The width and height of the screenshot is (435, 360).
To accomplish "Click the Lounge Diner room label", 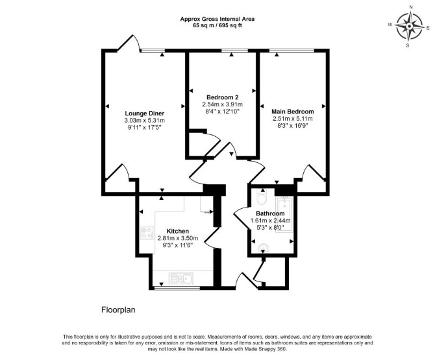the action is (x=145, y=114).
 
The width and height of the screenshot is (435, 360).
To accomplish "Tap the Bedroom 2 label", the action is (x=223, y=97).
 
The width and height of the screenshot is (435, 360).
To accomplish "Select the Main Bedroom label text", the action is (x=293, y=112).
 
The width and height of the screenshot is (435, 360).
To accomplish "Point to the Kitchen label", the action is (x=178, y=231).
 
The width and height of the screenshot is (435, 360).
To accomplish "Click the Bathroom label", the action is (x=270, y=213).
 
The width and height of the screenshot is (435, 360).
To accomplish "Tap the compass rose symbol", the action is (x=409, y=27).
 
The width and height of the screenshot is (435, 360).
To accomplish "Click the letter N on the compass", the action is (x=411, y=15).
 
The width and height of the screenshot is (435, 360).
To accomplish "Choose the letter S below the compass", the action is (x=408, y=45).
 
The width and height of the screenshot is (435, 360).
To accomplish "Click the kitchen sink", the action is (x=182, y=278).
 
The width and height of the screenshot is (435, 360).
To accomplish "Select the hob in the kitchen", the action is (x=147, y=233).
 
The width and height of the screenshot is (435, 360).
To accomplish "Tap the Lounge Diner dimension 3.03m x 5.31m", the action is (x=145, y=121).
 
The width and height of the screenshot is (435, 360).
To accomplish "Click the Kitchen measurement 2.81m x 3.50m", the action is (x=178, y=238).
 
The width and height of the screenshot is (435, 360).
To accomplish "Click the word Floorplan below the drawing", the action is (x=118, y=309).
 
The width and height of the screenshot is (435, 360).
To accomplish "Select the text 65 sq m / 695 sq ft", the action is (x=217, y=25).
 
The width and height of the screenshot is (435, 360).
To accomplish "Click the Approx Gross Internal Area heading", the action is (x=217, y=19).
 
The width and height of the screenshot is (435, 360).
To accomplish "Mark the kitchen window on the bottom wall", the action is (x=177, y=289).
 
